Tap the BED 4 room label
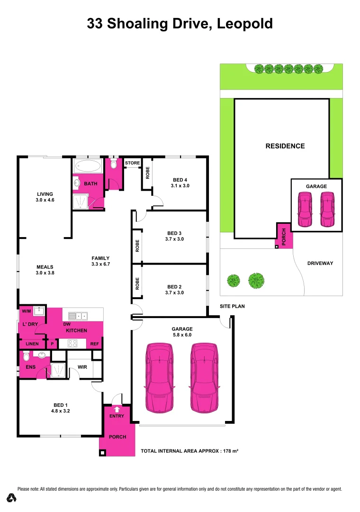(x=180, y=180)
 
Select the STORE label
(x=132, y=163)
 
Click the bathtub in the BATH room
(x=88, y=166)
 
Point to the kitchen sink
(x=77, y=315)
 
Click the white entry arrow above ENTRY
(x=117, y=409)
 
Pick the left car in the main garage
(x=159, y=376)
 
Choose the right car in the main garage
(x=205, y=376)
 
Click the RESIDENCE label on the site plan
(x=285, y=146)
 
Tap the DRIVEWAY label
(x=320, y=263)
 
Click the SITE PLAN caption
(x=232, y=306)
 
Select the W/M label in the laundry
(x=27, y=311)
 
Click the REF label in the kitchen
(x=94, y=344)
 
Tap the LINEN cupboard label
(x=32, y=344)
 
